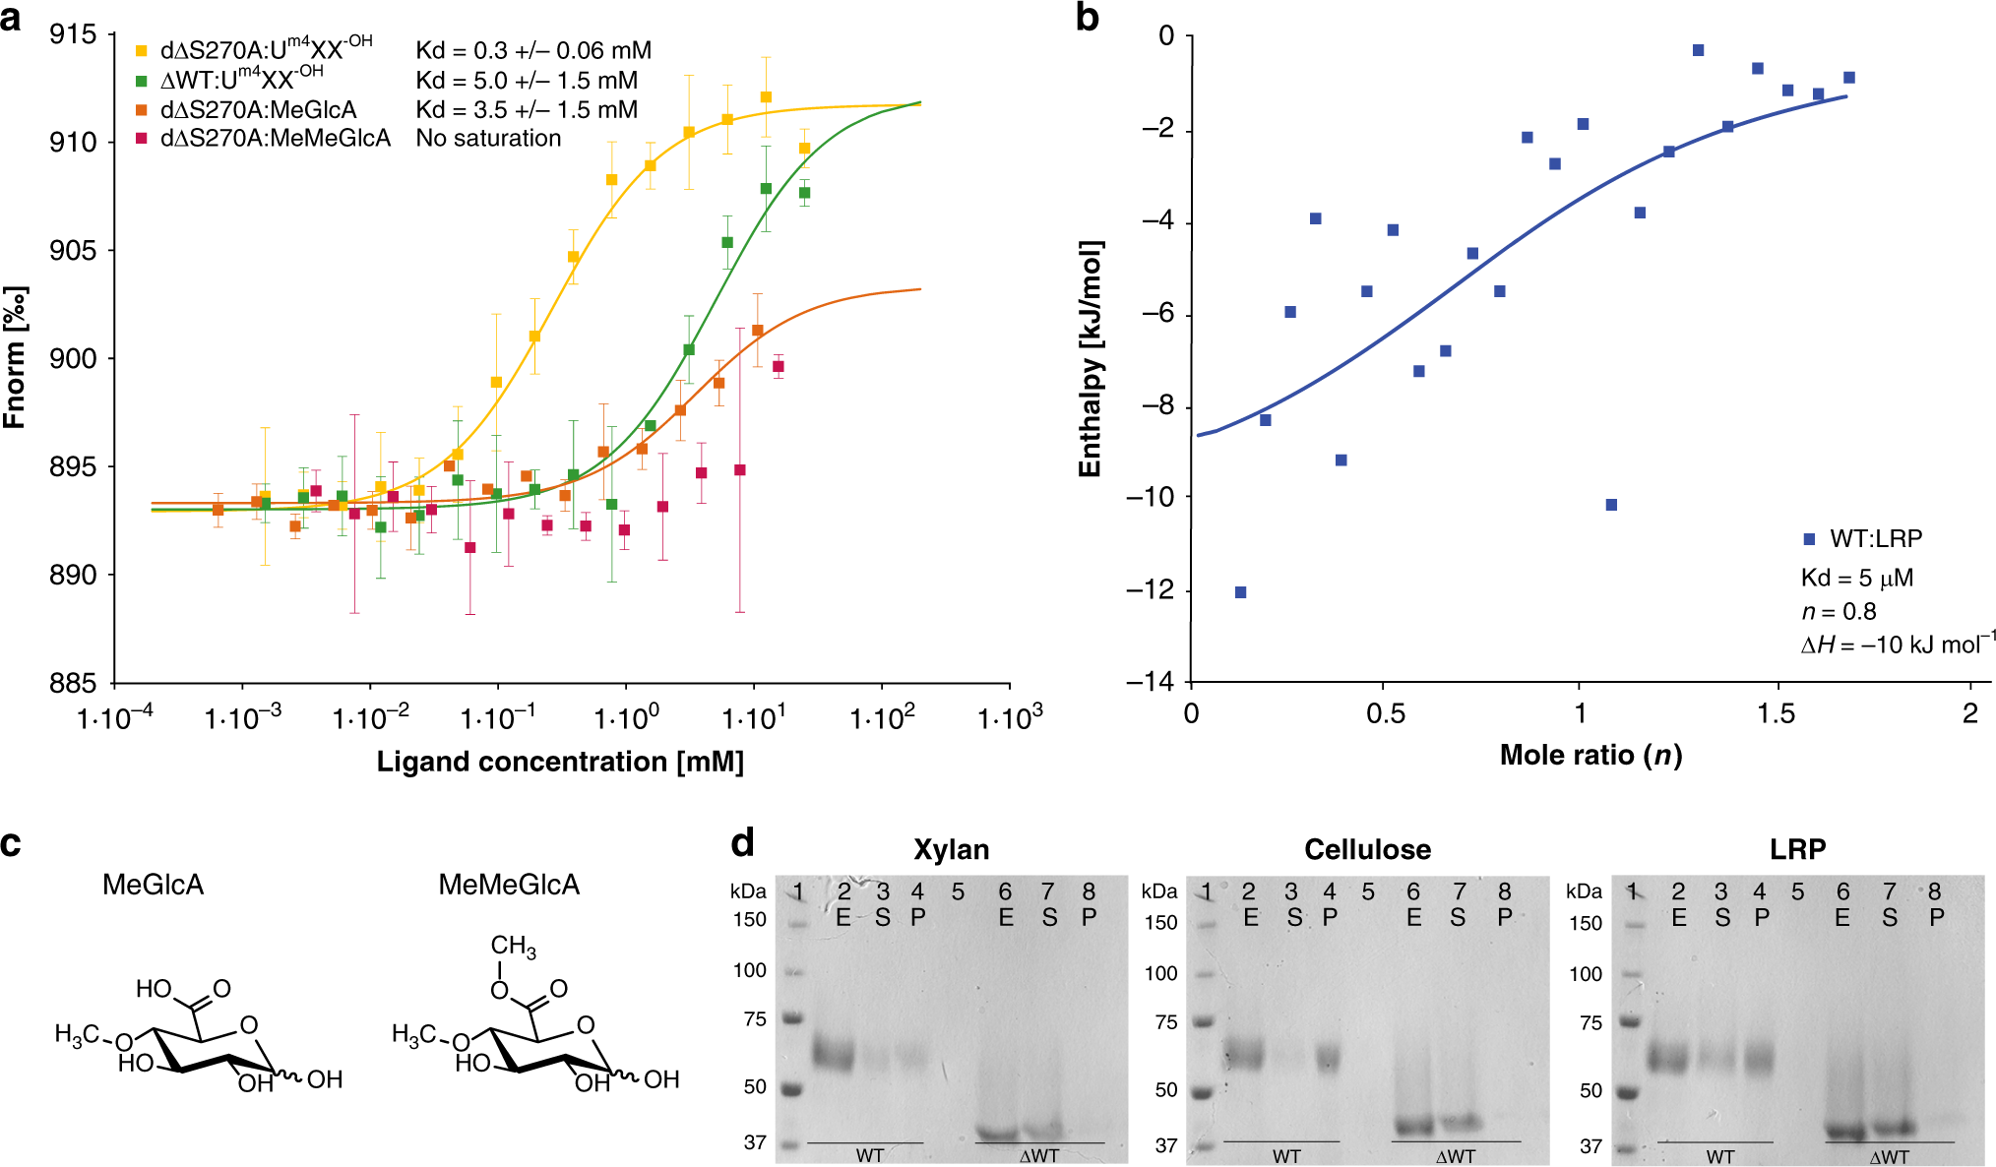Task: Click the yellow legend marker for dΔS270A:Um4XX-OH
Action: click(x=142, y=50)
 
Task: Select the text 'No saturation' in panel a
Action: click(x=488, y=139)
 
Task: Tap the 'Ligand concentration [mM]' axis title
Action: click(x=560, y=762)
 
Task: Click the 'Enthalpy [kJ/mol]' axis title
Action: click(x=1090, y=359)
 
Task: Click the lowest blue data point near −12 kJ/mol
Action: click(x=1240, y=592)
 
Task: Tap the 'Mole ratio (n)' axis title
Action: click(x=1591, y=756)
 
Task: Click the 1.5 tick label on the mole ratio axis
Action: click(x=1776, y=714)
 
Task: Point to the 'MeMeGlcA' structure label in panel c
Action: click(x=509, y=885)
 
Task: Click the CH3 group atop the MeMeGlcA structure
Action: click(x=513, y=947)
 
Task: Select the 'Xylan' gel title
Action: click(x=951, y=849)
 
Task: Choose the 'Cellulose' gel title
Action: click(x=1367, y=849)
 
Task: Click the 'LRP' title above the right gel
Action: click(x=1797, y=849)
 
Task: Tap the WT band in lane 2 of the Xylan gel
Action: click(x=834, y=1056)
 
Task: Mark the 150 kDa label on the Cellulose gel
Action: click(x=1160, y=923)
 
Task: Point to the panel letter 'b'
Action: click(x=1087, y=18)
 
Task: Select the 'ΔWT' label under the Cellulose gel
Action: click(x=1455, y=1156)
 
